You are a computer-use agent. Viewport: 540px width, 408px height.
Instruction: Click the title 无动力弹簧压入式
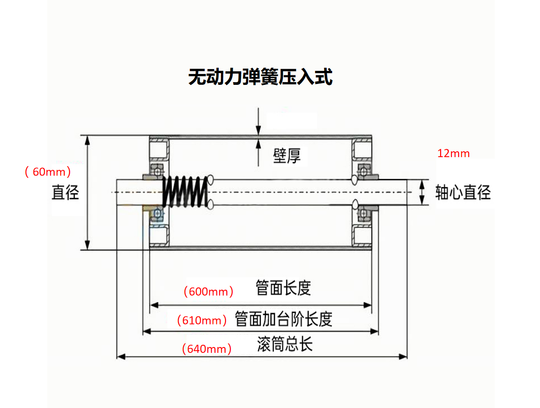[x=260, y=77]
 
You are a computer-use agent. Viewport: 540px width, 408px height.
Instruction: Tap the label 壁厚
[x=286, y=156]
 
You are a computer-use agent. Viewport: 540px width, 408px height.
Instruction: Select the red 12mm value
[x=453, y=153]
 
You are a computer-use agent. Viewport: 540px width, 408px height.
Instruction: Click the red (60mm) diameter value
[x=48, y=172]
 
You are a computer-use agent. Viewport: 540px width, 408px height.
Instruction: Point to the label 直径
[x=66, y=193]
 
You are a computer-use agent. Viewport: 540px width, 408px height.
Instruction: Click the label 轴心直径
[x=463, y=193]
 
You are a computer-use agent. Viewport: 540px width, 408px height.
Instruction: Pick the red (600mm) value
[x=208, y=292]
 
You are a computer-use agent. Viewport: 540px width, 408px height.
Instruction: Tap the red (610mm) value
[x=202, y=321]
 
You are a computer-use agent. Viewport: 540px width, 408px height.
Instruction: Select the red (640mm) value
[x=207, y=349]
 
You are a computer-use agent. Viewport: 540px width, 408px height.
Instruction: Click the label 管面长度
[x=283, y=288]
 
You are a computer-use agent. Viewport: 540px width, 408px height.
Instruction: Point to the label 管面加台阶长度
[x=283, y=319]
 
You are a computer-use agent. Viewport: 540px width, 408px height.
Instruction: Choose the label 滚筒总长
[x=285, y=345]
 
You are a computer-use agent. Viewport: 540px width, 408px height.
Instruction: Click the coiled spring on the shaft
[x=185, y=192]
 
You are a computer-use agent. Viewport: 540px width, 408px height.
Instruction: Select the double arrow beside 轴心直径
[x=422, y=193]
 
